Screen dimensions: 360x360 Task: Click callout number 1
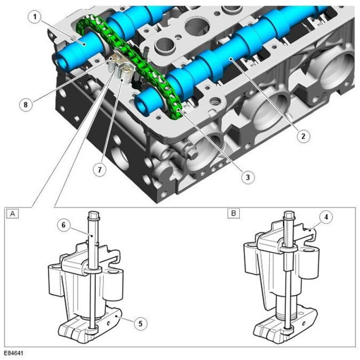(35, 17)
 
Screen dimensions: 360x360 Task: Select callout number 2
(303, 136)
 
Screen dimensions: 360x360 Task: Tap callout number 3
(247, 177)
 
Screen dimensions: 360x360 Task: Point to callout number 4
(326, 217)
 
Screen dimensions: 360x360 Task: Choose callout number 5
(140, 324)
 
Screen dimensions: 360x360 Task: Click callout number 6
(63, 225)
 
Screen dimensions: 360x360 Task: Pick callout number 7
(99, 170)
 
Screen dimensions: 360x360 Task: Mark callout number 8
(26, 105)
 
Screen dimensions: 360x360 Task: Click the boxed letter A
(13, 214)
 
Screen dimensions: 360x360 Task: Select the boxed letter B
(234, 213)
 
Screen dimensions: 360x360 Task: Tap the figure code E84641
(13, 353)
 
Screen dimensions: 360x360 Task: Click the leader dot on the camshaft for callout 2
(231, 59)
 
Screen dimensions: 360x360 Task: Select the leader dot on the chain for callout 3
(178, 110)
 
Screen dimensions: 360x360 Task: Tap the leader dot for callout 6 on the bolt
(92, 236)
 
